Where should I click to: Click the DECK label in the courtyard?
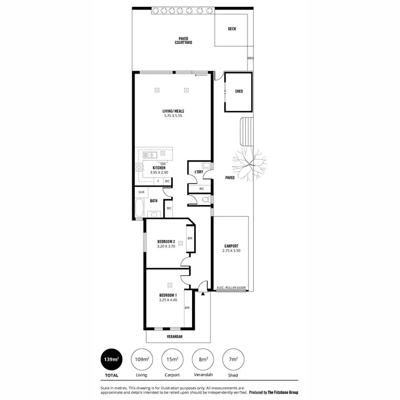pos(231,29)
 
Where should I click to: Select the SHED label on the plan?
pos(239,91)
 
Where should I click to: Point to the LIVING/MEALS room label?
pos(173,111)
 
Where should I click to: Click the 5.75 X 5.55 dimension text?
pos(173,116)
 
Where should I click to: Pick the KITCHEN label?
pos(159,168)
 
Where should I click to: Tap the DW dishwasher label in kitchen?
pos(163,164)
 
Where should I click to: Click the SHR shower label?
pos(141,192)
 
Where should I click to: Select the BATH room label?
pos(154,201)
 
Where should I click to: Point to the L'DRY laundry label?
pos(198,172)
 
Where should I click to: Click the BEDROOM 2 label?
pos(166,242)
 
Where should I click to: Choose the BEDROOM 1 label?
pos(167,295)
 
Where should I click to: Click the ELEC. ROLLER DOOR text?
pos(231,289)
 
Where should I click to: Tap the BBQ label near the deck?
pos(250,58)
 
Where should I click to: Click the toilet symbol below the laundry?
pos(205,199)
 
